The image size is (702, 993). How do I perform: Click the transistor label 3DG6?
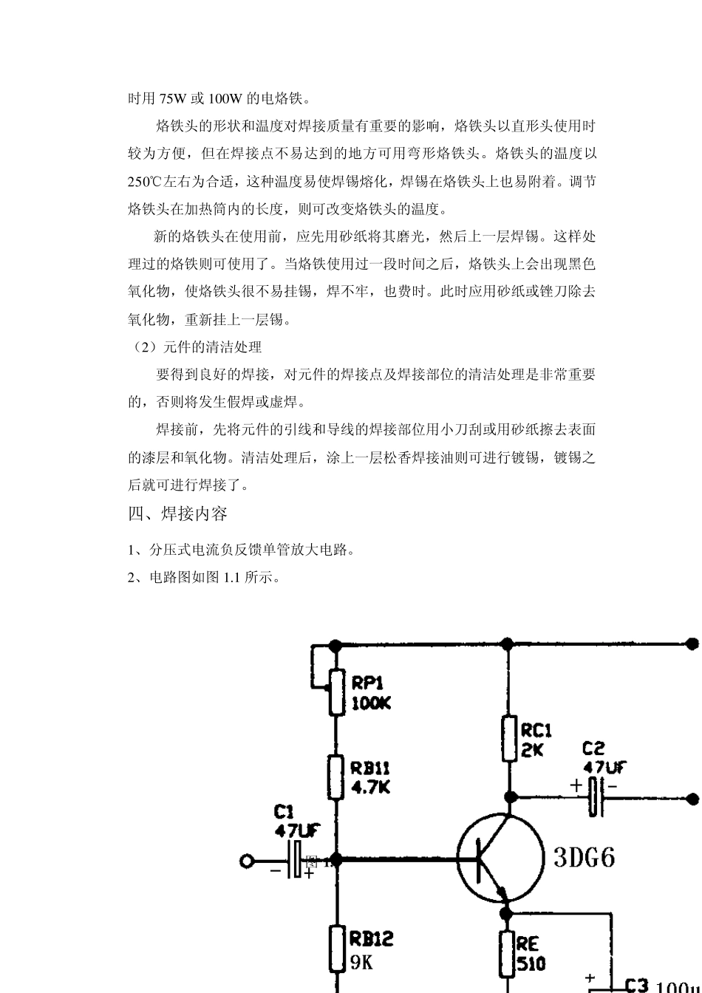pos(584,858)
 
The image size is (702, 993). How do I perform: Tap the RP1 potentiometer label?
pos(367,683)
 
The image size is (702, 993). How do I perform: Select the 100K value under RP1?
pos(371,703)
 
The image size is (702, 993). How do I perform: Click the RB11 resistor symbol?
pos(336,777)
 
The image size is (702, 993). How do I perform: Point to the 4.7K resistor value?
pos(370,788)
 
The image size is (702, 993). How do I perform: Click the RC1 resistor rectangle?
pos(508,738)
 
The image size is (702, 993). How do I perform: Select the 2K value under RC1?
pos(532,750)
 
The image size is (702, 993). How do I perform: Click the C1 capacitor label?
pos(284,813)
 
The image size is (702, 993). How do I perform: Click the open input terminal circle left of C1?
pos(247,861)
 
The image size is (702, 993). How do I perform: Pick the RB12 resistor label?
pos(371,939)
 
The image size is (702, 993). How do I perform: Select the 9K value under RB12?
pos(361,962)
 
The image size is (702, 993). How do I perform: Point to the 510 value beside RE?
pos(531,963)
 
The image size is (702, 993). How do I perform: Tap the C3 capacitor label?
pos(636,985)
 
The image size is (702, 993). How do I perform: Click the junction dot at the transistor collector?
pos(509,797)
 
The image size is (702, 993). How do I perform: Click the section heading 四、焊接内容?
pos(177,513)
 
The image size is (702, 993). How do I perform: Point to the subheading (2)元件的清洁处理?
pos(195,347)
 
